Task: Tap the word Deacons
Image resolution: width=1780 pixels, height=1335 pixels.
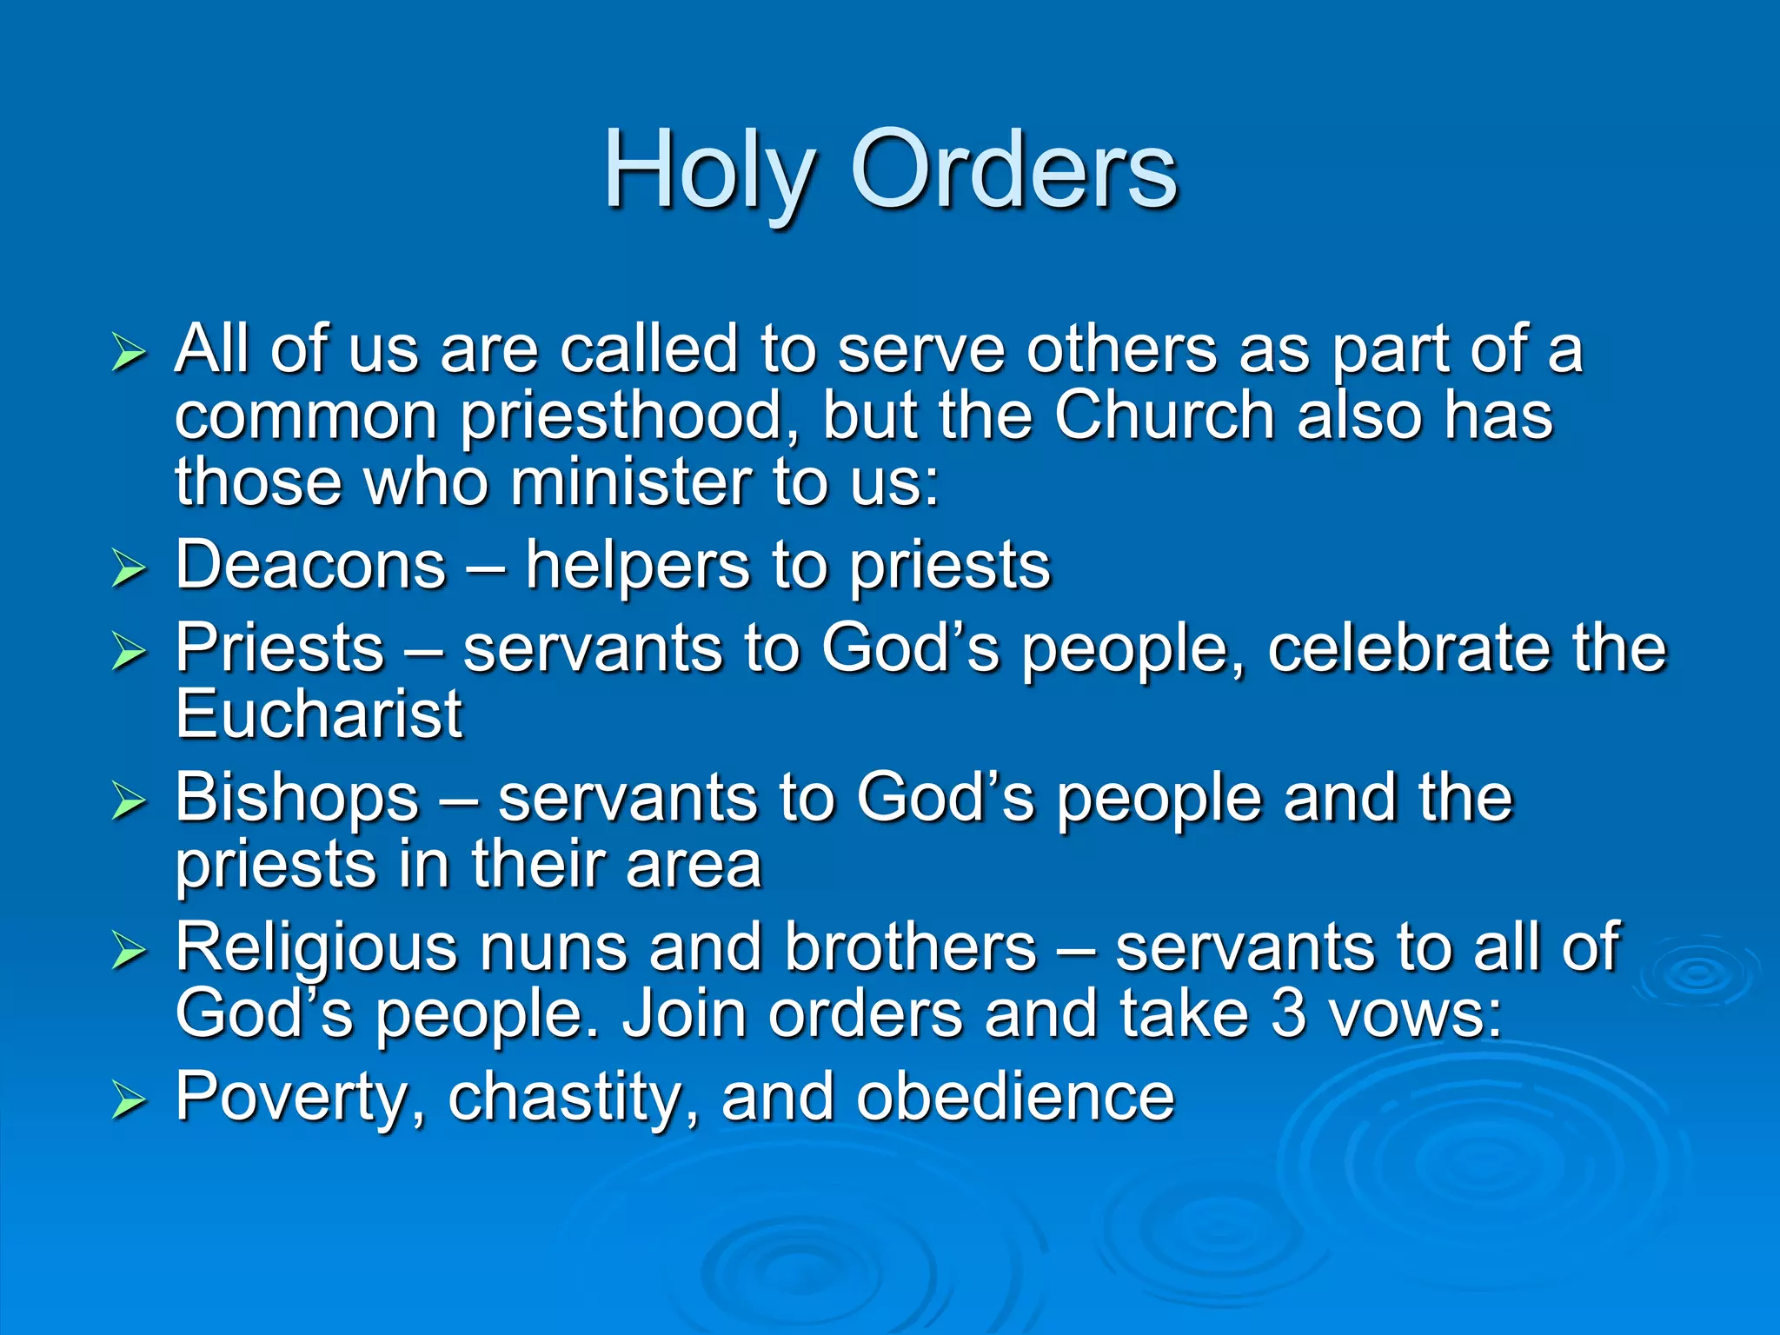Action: (x=310, y=566)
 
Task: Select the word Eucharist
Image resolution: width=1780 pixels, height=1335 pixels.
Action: (x=319, y=714)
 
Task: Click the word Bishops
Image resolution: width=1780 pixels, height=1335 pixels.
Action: (x=297, y=798)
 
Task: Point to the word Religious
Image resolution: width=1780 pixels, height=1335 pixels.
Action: (x=315, y=947)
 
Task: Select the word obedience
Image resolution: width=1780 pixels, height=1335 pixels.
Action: (x=1014, y=1097)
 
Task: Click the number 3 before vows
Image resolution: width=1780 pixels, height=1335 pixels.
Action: (x=1289, y=1014)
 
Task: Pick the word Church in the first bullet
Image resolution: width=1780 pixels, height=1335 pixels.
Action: (x=1165, y=415)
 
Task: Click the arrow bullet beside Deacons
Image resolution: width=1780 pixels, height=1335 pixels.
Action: (x=129, y=569)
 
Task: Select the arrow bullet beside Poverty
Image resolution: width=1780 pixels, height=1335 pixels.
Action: (x=129, y=1100)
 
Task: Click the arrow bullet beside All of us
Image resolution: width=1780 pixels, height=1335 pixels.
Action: (x=129, y=354)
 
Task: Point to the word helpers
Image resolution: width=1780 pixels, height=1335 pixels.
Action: (x=638, y=566)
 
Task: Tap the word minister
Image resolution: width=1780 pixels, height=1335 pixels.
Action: (x=629, y=482)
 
